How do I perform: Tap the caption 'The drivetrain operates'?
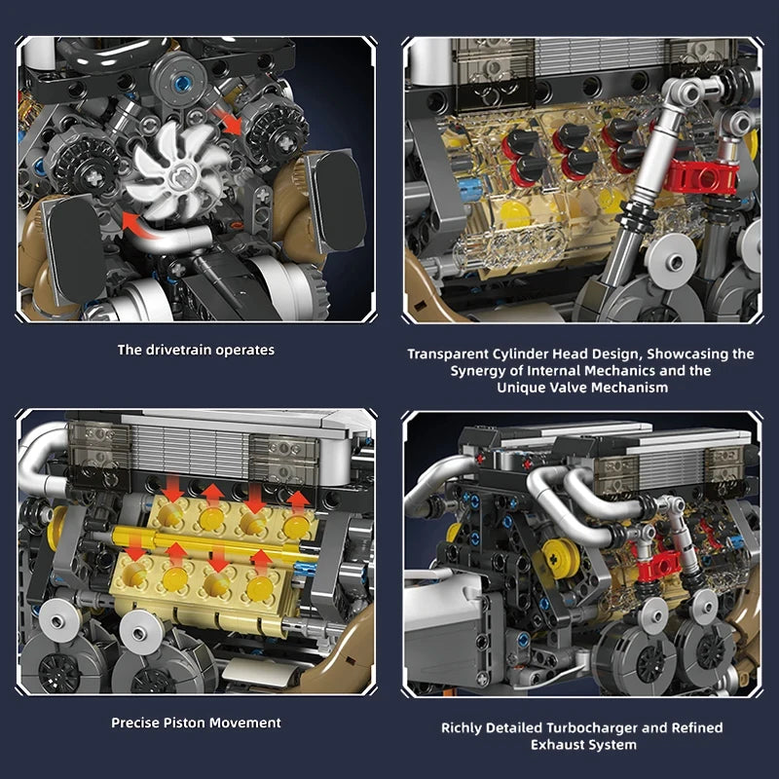(196, 350)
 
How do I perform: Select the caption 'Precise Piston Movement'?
(196, 723)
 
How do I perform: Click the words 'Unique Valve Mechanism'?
(581, 388)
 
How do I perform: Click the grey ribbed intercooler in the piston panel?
(185, 451)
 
